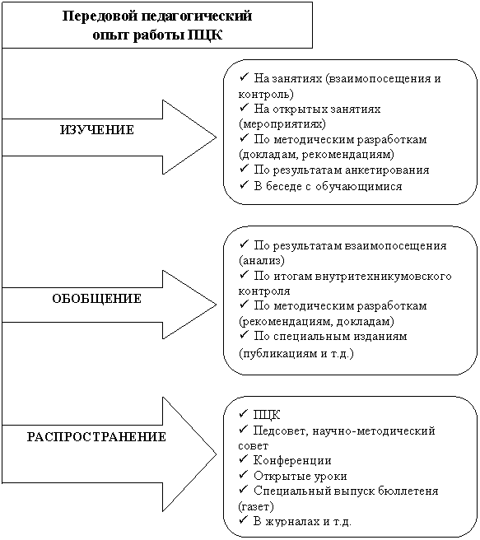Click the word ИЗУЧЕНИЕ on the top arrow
click(97, 130)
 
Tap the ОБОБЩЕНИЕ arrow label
click(97, 299)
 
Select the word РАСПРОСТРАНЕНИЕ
click(96, 436)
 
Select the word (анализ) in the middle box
click(262, 260)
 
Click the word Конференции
click(292, 460)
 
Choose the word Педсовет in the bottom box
click(281, 431)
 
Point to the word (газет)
click(256, 506)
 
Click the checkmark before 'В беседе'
click(244, 185)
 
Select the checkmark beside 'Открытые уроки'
click(244, 475)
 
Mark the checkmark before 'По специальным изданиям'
click(244, 334)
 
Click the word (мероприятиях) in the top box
click(282, 123)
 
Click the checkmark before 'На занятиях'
click(244, 77)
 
